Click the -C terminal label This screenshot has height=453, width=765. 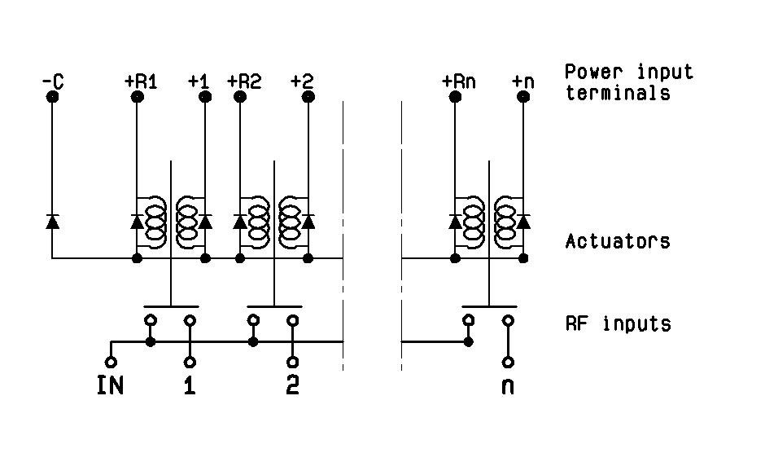pyautogui.click(x=52, y=81)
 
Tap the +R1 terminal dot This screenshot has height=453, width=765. pyautogui.click(x=136, y=97)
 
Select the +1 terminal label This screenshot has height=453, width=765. pyautogui.click(x=198, y=81)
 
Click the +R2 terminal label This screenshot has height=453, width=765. pyautogui.click(x=243, y=81)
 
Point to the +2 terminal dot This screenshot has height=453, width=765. pyautogui.click(x=308, y=97)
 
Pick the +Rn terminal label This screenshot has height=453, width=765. pyautogui.click(x=458, y=81)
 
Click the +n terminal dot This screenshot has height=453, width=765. pyautogui.click(x=523, y=97)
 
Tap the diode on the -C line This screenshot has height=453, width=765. pyautogui.click(x=52, y=221)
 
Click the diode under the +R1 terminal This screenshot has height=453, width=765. pyautogui.click(x=136, y=221)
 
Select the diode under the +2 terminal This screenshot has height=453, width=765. pyautogui.click(x=308, y=221)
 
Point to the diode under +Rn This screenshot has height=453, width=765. pyautogui.click(x=455, y=221)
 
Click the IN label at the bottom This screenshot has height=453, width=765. pyautogui.click(x=111, y=385)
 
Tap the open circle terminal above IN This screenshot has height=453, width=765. pyautogui.click(x=111, y=361)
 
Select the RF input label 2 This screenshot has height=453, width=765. pyautogui.click(x=292, y=385)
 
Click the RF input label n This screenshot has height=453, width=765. pyautogui.click(x=508, y=385)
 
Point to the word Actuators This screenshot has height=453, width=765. pyautogui.click(x=618, y=241)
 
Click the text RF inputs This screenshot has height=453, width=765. pyautogui.click(x=618, y=323)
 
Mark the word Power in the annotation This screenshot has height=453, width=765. pyautogui.click(x=590, y=72)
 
